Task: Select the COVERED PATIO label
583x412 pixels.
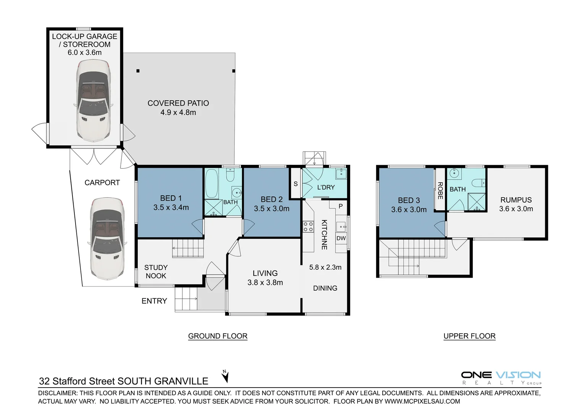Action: click(x=178, y=103)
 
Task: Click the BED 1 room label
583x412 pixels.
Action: click(x=171, y=198)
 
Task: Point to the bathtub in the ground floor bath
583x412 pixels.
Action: click(x=211, y=183)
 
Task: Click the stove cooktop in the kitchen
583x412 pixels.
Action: click(x=308, y=227)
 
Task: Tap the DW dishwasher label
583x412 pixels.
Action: click(x=341, y=238)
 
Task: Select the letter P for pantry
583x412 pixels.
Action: click(x=341, y=206)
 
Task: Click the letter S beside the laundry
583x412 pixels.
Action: click(x=295, y=184)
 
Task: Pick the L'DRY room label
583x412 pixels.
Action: click(x=326, y=187)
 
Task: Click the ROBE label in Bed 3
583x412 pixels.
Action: click(x=440, y=190)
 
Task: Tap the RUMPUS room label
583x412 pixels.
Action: click(x=516, y=200)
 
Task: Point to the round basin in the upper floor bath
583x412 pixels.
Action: click(x=454, y=174)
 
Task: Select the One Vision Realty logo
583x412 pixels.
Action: click(x=501, y=378)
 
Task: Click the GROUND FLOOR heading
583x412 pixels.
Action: click(x=217, y=336)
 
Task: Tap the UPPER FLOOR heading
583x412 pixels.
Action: click(x=469, y=336)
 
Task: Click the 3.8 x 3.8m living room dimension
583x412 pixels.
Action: click(x=265, y=283)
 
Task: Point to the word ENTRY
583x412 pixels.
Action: click(x=154, y=301)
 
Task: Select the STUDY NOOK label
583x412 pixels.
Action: click(x=156, y=272)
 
